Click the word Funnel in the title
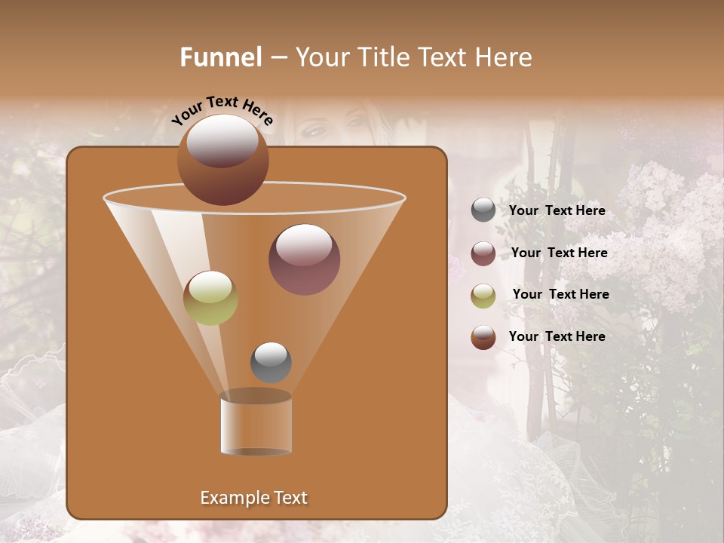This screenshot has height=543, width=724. (220, 57)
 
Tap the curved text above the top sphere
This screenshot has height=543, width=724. (222, 110)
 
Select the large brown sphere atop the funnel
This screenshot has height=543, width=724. (223, 159)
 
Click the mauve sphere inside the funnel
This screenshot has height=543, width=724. (304, 259)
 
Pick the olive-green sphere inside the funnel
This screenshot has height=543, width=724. (211, 298)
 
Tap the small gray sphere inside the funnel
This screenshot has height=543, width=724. (271, 362)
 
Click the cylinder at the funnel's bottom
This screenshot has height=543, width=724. (256, 424)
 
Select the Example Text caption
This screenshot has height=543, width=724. (253, 498)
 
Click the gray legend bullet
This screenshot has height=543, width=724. (483, 210)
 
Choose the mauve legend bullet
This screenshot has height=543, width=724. (483, 253)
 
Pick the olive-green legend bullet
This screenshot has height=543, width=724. (483, 296)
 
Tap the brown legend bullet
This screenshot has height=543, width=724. (483, 337)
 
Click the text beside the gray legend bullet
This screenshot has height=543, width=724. (557, 211)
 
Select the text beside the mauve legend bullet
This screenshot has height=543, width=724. (559, 253)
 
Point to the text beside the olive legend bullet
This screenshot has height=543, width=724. (560, 295)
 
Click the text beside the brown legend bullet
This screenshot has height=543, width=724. (557, 337)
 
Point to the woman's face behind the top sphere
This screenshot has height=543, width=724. (332, 124)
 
